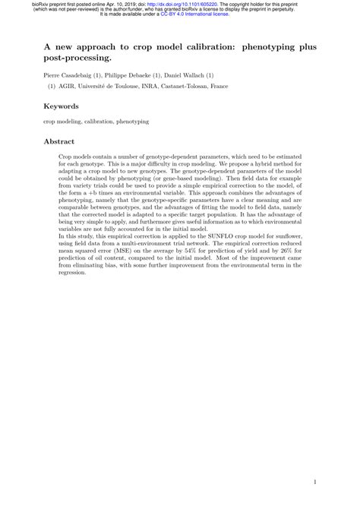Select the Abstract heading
60,141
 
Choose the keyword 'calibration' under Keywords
101,121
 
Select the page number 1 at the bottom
314,481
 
